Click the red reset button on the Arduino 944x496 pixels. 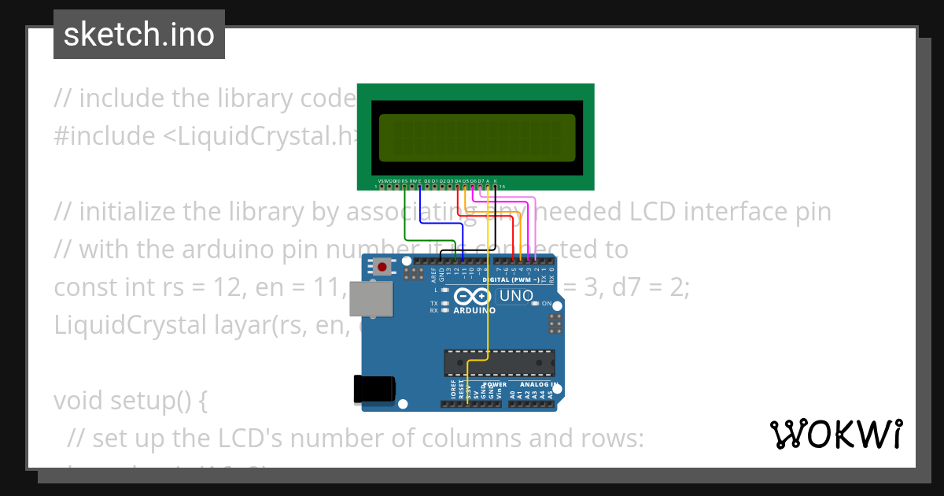click(x=382, y=267)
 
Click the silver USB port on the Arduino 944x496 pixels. click(x=371, y=301)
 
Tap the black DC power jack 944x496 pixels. click(x=374, y=390)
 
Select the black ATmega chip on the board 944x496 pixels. click(x=499, y=362)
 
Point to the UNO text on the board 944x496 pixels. click(x=514, y=296)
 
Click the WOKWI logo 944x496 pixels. click(x=835, y=434)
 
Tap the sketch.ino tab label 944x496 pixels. click(x=139, y=35)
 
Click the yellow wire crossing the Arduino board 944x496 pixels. click(x=489, y=315)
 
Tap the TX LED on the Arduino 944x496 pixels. click(x=445, y=303)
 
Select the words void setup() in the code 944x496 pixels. click(x=130, y=401)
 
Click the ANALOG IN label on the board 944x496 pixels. click(x=539, y=384)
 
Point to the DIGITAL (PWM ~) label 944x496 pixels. click(x=512, y=279)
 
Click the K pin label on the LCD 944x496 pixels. click(x=495, y=180)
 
